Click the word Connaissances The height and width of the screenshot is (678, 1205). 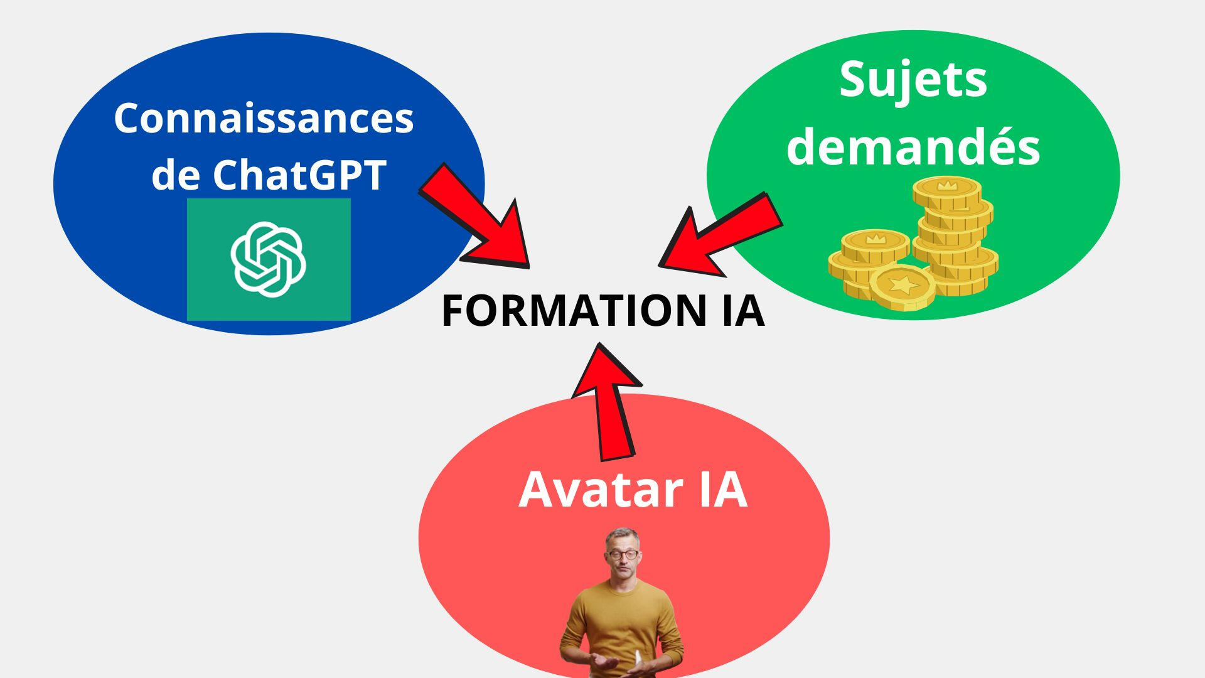tap(264, 118)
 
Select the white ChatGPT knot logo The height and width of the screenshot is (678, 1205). tap(268, 259)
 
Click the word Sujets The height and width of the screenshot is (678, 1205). tap(913, 80)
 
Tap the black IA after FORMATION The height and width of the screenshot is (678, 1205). tap(743, 311)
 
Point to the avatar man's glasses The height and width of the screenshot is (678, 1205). tap(623, 555)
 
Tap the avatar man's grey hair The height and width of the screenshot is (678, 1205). tap(622, 535)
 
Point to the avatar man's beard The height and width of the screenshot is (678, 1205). tap(623, 572)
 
